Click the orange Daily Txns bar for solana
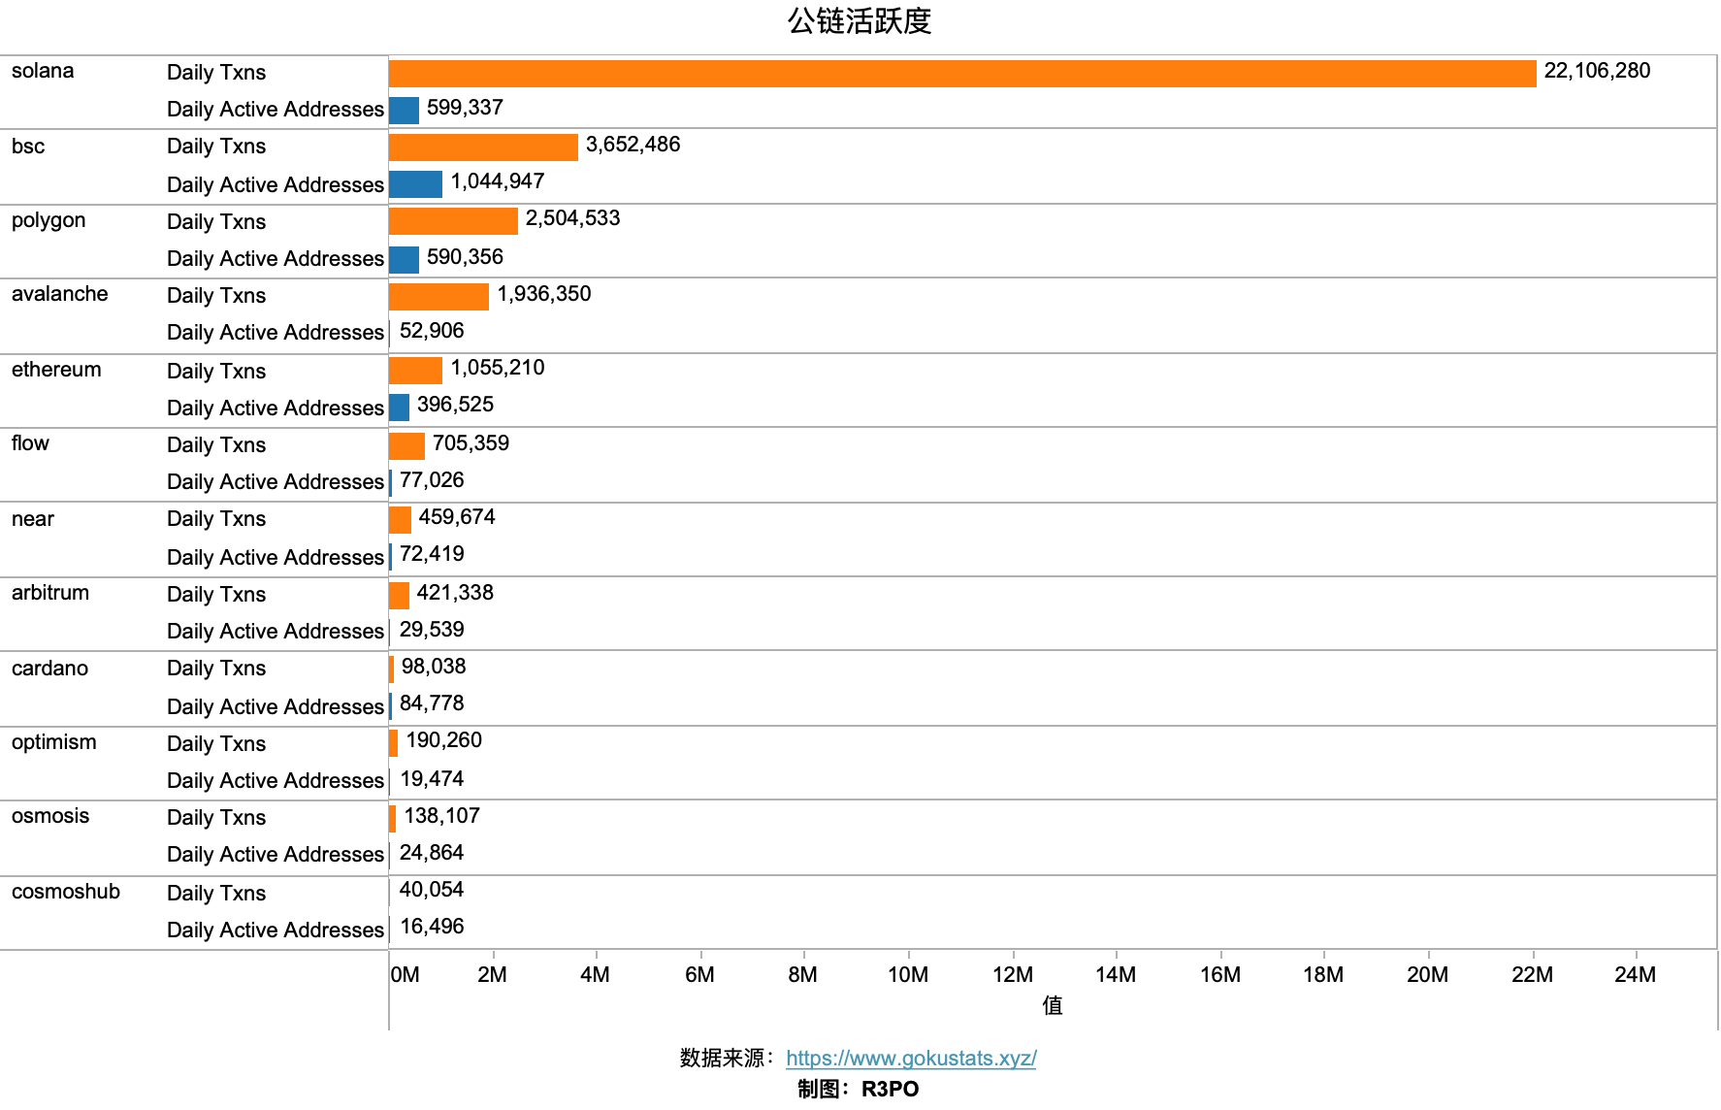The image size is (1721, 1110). (x=962, y=74)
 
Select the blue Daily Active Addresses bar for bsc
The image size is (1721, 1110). (x=415, y=184)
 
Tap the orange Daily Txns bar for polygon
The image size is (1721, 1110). (x=453, y=221)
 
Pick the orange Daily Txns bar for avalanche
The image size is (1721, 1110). (x=438, y=296)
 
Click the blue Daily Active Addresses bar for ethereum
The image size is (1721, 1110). (x=399, y=408)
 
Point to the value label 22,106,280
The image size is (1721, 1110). (x=1597, y=71)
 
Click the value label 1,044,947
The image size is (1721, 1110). (x=497, y=181)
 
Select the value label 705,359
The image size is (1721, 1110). (x=471, y=443)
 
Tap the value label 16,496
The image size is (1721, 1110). (x=432, y=927)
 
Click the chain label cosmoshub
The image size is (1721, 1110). (x=66, y=892)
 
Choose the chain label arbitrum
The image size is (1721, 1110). (x=50, y=593)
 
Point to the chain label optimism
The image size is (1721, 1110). (x=54, y=742)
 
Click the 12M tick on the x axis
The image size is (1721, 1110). (x=1013, y=974)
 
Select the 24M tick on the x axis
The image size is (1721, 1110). (x=1635, y=974)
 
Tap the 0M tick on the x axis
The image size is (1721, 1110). (x=406, y=974)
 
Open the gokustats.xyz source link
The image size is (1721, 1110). (x=911, y=1059)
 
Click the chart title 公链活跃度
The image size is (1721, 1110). (x=860, y=21)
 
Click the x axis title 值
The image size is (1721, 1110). (x=1053, y=1005)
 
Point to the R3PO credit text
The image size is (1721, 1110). (x=890, y=1089)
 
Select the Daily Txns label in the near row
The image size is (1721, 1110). (x=216, y=519)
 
